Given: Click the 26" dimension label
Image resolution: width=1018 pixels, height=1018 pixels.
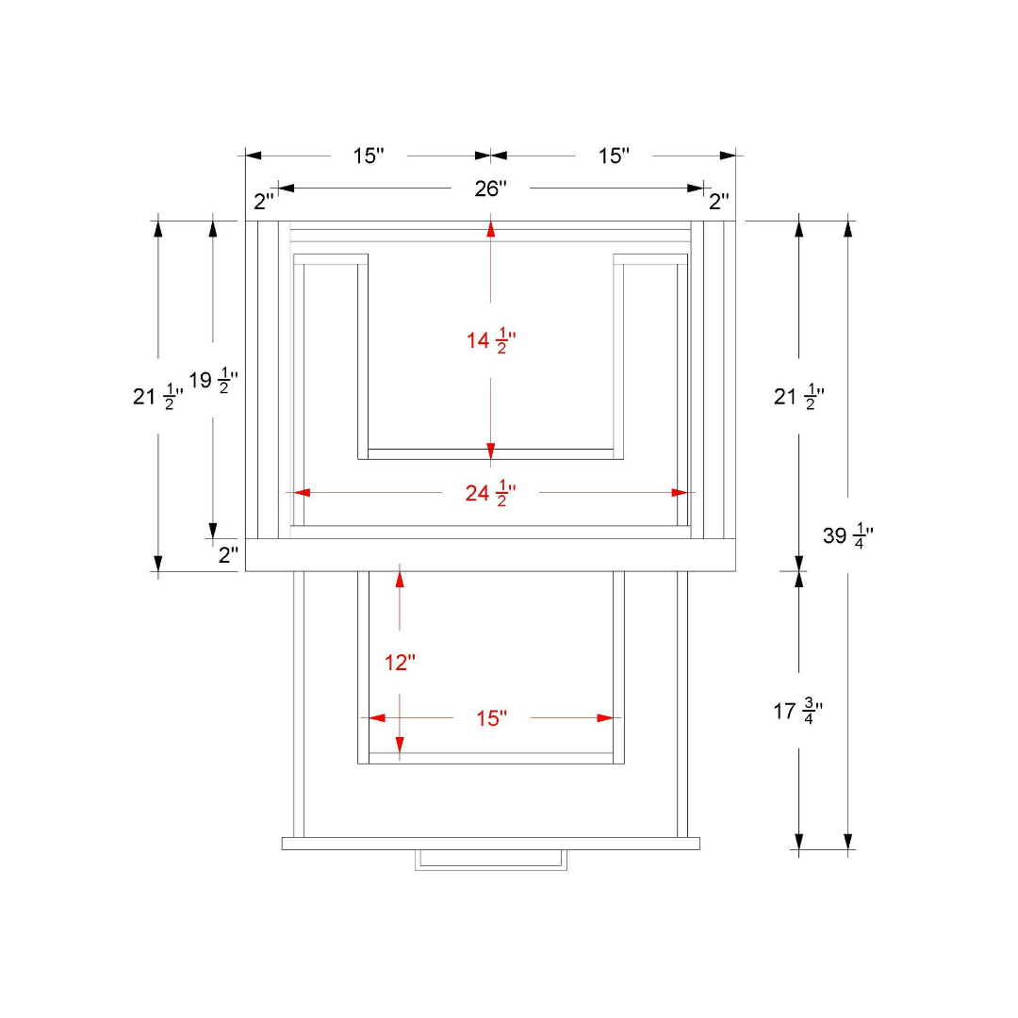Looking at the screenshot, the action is [490, 189].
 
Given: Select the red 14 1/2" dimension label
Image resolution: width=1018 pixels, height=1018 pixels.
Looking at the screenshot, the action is [491, 340].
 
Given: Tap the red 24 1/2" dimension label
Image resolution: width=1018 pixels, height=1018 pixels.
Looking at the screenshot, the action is [490, 493].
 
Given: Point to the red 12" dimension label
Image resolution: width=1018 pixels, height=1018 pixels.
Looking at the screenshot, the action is [400, 663].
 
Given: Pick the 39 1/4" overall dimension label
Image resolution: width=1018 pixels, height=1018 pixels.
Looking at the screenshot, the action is [848, 535].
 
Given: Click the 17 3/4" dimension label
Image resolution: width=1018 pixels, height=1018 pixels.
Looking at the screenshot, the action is [798, 711].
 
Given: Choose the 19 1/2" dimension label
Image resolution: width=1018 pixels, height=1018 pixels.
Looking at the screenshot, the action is [213, 381].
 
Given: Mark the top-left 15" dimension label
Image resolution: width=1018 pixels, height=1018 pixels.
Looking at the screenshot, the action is [369, 156].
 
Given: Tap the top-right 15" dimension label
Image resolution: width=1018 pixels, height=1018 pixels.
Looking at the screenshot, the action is [614, 156].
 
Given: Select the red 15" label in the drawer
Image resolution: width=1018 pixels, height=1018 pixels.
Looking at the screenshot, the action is [491, 718].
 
